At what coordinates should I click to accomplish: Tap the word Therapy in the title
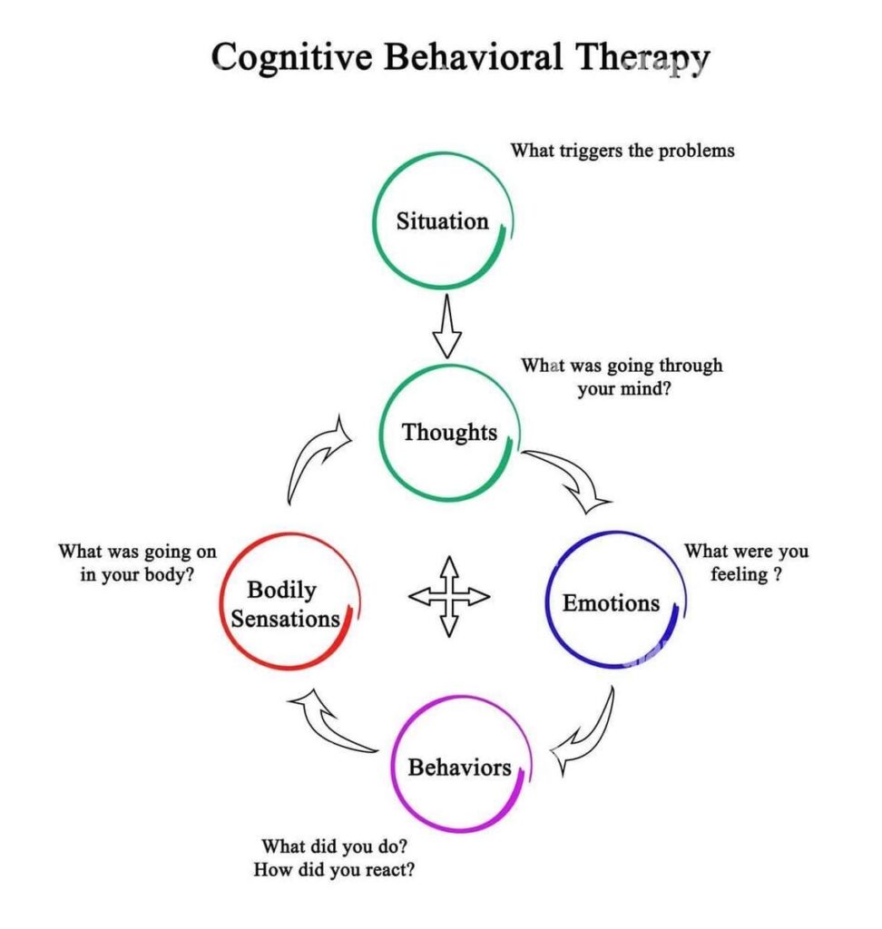(642, 58)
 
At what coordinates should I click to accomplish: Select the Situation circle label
(442, 221)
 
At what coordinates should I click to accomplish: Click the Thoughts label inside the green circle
(449, 432)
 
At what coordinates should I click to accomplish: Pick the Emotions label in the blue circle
(611, 602)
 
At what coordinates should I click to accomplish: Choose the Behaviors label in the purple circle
(459, 768)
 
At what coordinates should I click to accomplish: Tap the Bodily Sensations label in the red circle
(284, 605)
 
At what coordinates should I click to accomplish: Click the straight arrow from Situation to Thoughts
(446, 328)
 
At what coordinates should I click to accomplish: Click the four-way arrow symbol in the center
(448, 596)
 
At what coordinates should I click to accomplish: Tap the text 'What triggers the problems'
(622, 150)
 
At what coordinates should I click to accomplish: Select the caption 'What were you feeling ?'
(746, 562)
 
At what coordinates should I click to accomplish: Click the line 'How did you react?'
(334, 869)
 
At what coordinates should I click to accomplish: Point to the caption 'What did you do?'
(334, 846)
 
